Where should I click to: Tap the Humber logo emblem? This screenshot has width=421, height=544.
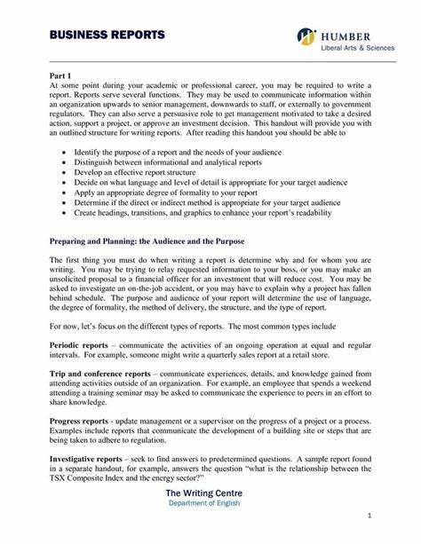(307, 36)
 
